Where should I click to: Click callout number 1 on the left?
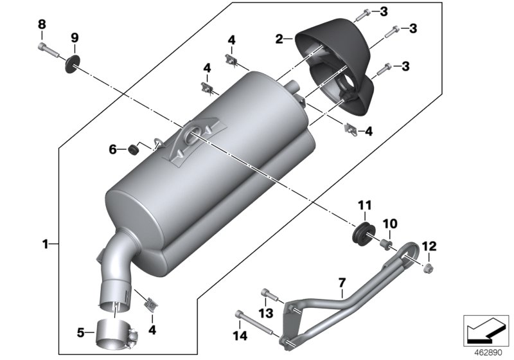coord(45,244)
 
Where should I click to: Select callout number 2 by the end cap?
coord(279,39)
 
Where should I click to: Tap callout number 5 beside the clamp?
coord(81,333)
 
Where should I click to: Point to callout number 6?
coord(112,149)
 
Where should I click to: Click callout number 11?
coord(365,206)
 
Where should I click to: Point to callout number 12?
coord(429,246)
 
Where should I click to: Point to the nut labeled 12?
coord(427,265)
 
